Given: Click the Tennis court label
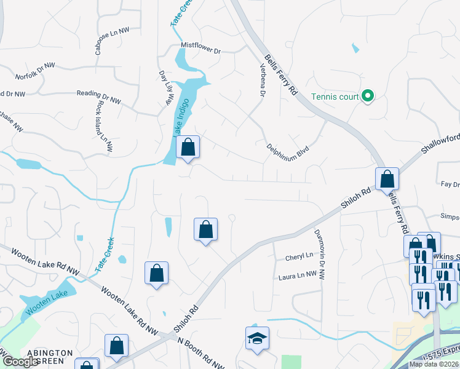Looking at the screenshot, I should click(335, 97).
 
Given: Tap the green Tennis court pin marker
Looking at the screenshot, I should click(368, 96).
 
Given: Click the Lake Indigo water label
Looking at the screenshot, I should click(181, 117).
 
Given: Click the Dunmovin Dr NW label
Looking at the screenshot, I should click(319, 252).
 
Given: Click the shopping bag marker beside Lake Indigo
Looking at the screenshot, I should click(188, 148).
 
